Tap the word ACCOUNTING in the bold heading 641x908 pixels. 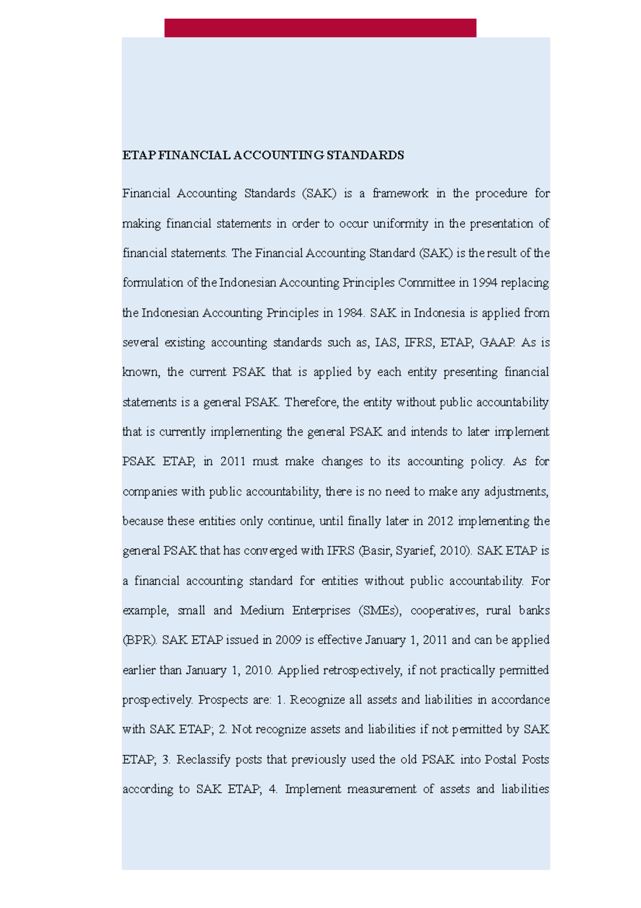tap(278, 156)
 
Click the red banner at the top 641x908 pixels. tap(320, 28)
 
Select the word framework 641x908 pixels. tap(400, 194)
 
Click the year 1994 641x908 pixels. tap(484, 283)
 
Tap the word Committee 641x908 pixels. tap(427, 283)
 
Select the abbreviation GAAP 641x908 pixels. tap(497, 343)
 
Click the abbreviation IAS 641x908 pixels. tap(386, 343)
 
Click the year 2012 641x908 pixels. tap(441, 521)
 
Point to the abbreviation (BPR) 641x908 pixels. tap(140, 641)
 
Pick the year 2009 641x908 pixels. tap(288, 641)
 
